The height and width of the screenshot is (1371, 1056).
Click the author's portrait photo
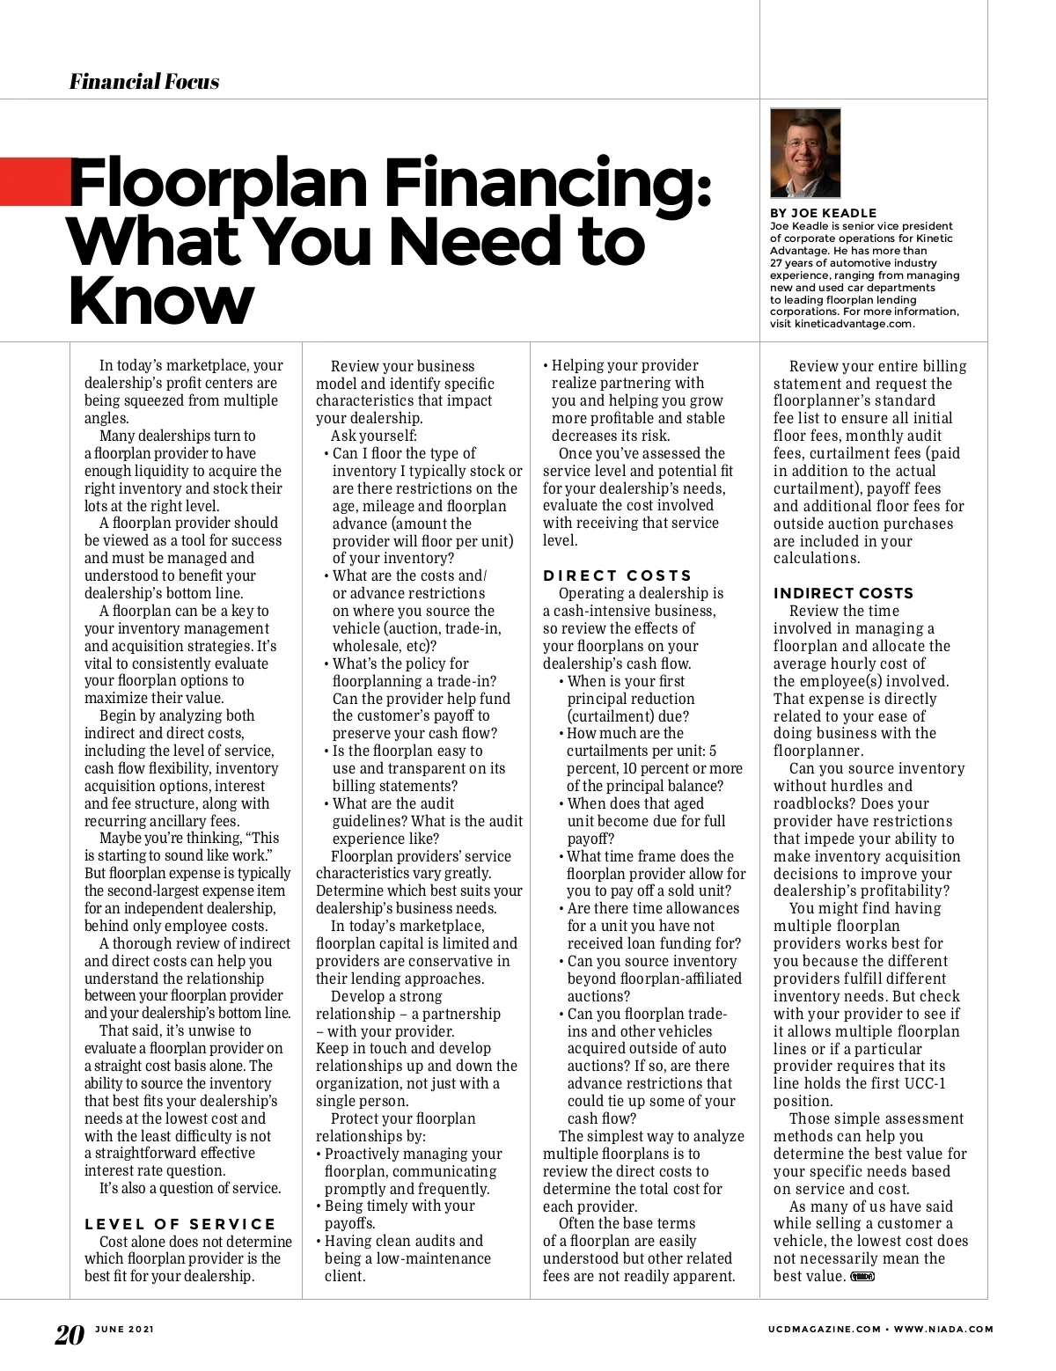pos(805,153)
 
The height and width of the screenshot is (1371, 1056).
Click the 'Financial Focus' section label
pos(144,83)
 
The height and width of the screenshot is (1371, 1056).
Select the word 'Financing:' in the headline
pos(546,184)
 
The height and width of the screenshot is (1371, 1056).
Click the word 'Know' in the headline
pos(160,301)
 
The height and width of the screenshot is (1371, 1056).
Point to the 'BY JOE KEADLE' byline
pos(823,213)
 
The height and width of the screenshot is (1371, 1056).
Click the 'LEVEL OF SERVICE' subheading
pos(180,1224)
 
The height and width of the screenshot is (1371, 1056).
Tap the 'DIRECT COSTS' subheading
pos(618,576)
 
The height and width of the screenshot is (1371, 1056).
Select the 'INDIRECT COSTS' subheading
pos(843,593)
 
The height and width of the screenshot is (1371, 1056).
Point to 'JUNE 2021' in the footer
pos(125,1330)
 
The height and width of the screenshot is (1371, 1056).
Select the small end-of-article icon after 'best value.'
pos(862,1277)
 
